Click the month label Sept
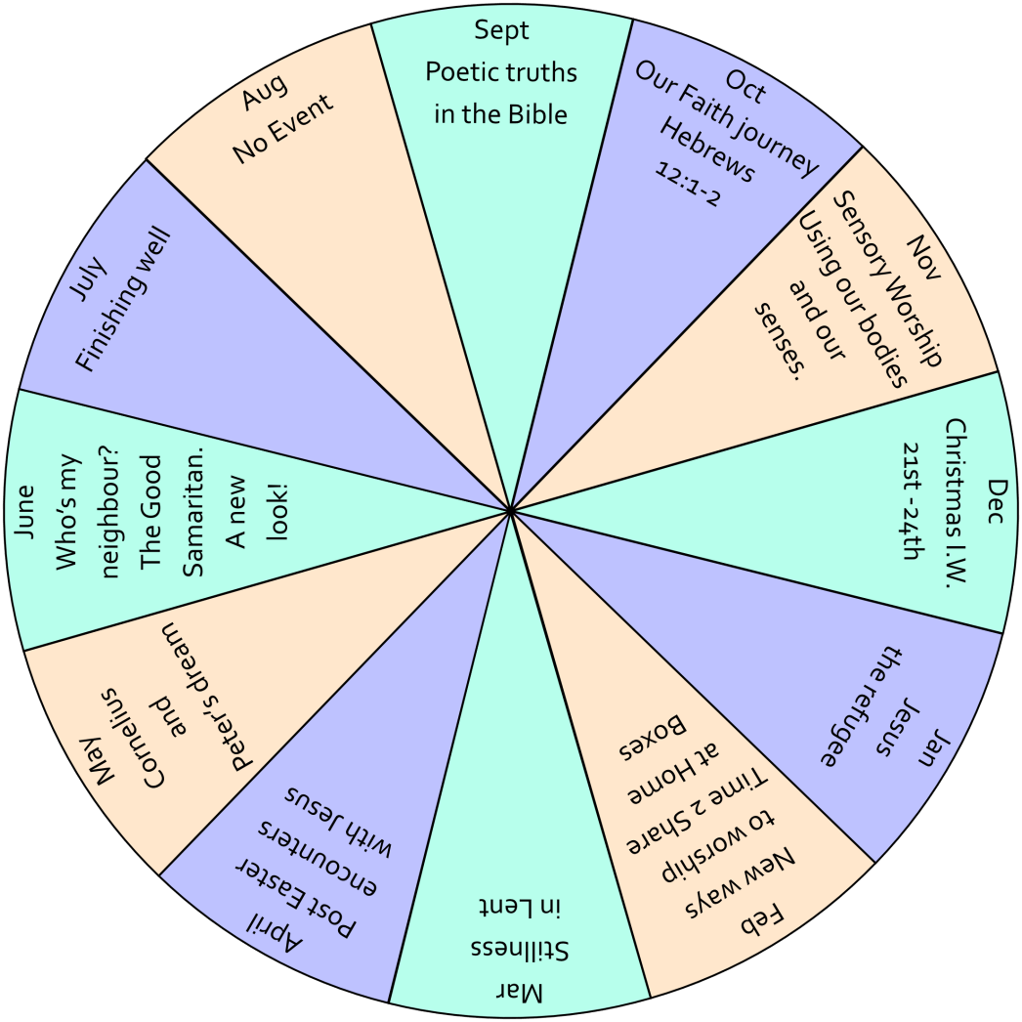501,30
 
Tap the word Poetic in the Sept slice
457,72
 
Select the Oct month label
746,87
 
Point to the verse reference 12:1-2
688,186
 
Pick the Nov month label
923,258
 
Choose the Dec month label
996,501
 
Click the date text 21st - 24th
910,501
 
